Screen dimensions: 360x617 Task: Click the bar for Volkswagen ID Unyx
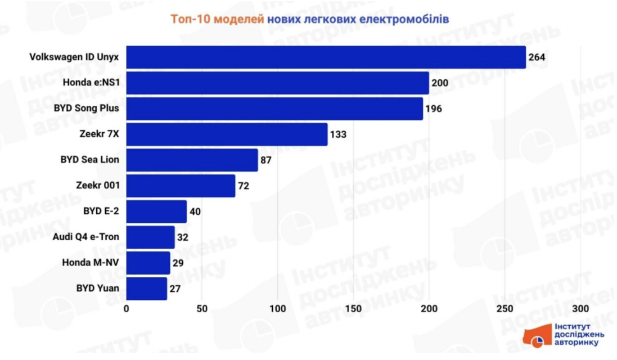pyautogui.click(x=326, y=57)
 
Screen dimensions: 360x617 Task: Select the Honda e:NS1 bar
pyautogui.click(x=278, y=83)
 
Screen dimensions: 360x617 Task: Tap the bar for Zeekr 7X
pyautogui.click(x=227, y=134)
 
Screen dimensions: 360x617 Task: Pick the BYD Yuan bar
pyautogui.click(x=147, y=289)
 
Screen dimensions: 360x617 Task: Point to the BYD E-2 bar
pyautogui.click(x=156, y=211)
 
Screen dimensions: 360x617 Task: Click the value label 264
pyautogui.click(x=537, y=57)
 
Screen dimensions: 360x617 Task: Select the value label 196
pyautogui.click(x=434, y=109)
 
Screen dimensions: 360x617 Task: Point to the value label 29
pyautogui.click(x=179, y=263)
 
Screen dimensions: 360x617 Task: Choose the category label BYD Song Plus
pyautogui.click(x=87, y=109)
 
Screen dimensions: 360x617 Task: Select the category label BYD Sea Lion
pyautogui.click(x=90, y=160)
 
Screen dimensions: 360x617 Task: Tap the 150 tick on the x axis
pyautogui.click(x=354, y=309)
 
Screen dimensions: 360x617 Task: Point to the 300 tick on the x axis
pyautogui.click(x=581, y=309)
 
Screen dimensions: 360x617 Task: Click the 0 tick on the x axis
pyautogui.click(x=127, y=309)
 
